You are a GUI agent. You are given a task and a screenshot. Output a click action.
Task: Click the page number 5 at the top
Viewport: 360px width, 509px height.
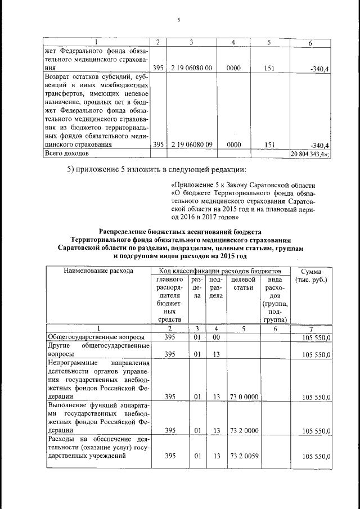[178, 21]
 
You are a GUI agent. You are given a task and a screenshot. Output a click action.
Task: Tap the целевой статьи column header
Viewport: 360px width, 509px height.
[244, 283]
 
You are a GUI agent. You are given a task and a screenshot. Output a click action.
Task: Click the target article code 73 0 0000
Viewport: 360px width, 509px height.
[244, 397]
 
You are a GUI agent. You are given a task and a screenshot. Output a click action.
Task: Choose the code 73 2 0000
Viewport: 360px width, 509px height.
[244, 430]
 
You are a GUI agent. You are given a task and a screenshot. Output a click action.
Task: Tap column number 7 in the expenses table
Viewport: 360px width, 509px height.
[311, 328]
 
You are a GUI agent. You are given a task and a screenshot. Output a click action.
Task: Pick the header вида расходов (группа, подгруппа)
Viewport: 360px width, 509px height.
[275, 299]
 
